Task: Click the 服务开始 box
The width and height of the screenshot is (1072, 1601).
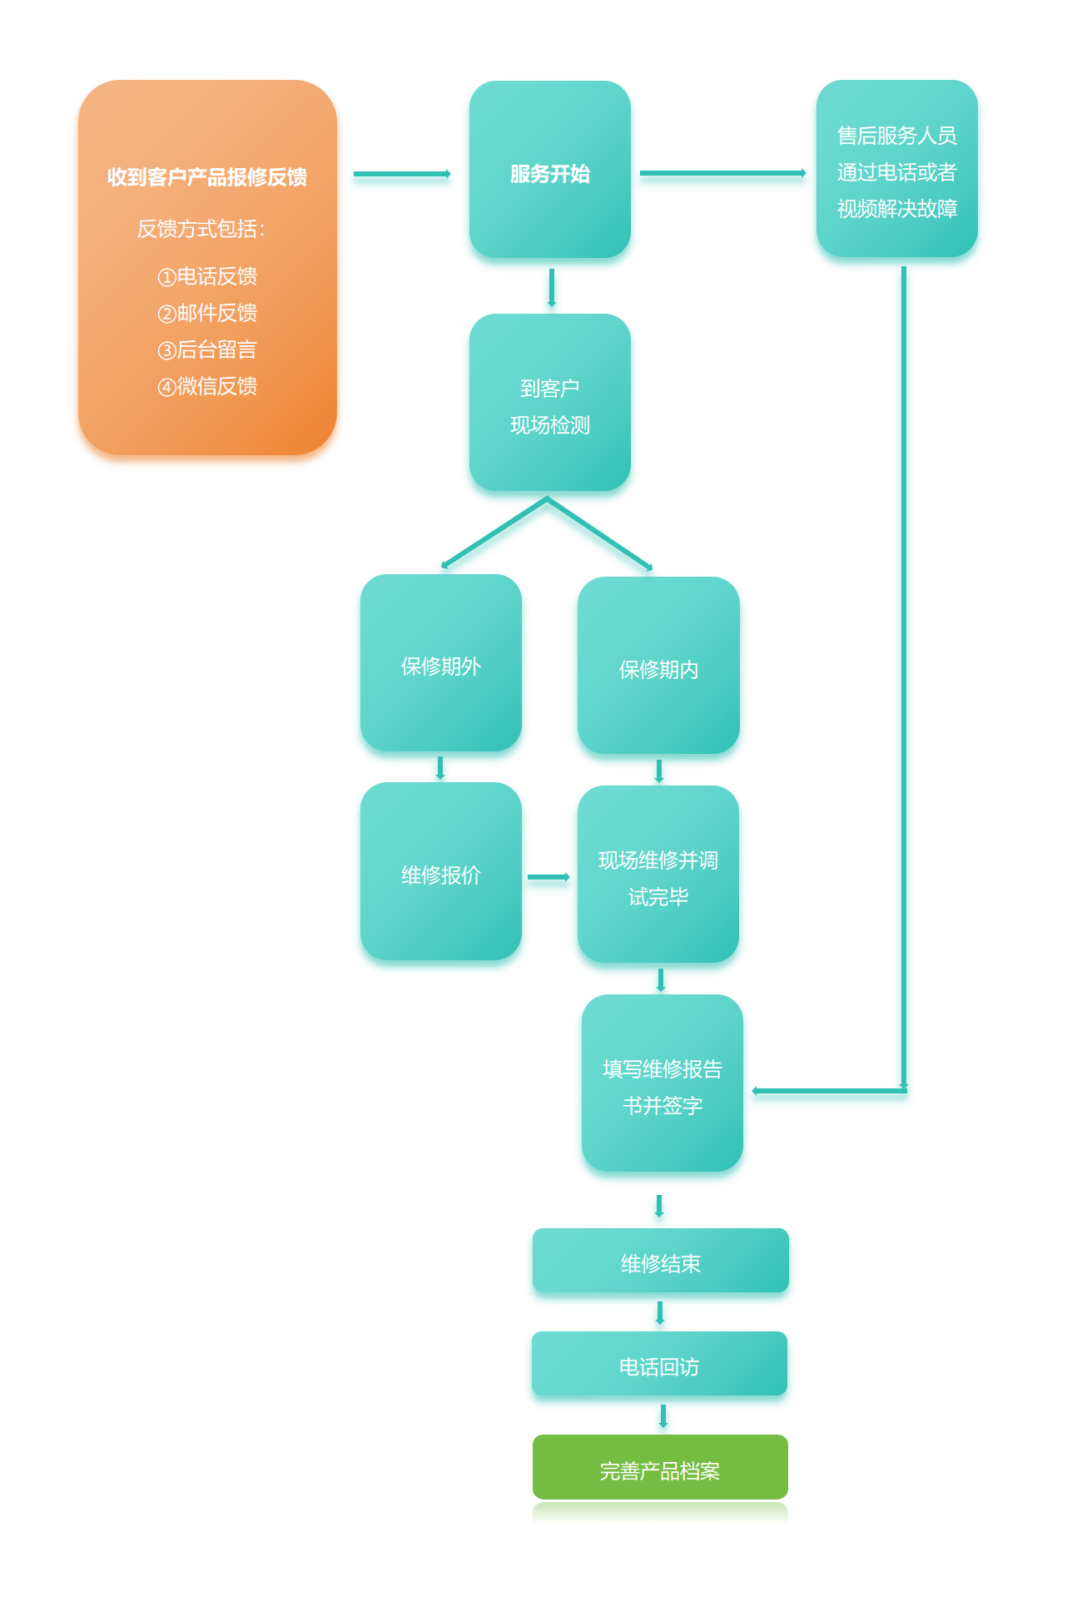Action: (549, 170)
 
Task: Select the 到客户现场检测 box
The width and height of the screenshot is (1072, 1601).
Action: (549, 403)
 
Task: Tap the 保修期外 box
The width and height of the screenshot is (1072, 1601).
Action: (440, 663)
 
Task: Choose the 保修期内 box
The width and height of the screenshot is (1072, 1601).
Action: (658, 666)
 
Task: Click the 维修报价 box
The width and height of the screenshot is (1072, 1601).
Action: (440, 871)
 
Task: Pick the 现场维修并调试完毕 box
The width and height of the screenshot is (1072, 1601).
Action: (658, 875)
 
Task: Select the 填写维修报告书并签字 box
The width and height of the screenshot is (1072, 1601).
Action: (663, 1083)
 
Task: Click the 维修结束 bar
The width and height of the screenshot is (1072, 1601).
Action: (660, 1261)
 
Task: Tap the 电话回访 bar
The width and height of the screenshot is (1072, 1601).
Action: (659, 1364)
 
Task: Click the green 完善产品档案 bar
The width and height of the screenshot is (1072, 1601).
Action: (660, 1468)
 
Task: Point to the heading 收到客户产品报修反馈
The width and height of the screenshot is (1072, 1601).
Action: (207, 177)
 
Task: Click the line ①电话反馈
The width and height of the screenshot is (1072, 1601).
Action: (207, 276)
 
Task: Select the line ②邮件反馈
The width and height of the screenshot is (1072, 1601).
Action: (207, 313)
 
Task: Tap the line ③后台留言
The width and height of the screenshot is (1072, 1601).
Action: (207, 349)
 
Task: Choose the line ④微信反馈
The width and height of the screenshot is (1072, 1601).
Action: (207, 386)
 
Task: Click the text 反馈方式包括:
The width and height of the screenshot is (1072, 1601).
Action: (201, 229)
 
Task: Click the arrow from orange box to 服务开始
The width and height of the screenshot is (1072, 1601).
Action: (402, 174)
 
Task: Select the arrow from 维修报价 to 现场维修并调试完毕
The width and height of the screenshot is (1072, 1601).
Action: (548, 877)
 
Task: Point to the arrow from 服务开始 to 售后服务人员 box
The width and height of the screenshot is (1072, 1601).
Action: (722, 173)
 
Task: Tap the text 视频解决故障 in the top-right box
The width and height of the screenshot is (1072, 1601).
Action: (897, 209)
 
